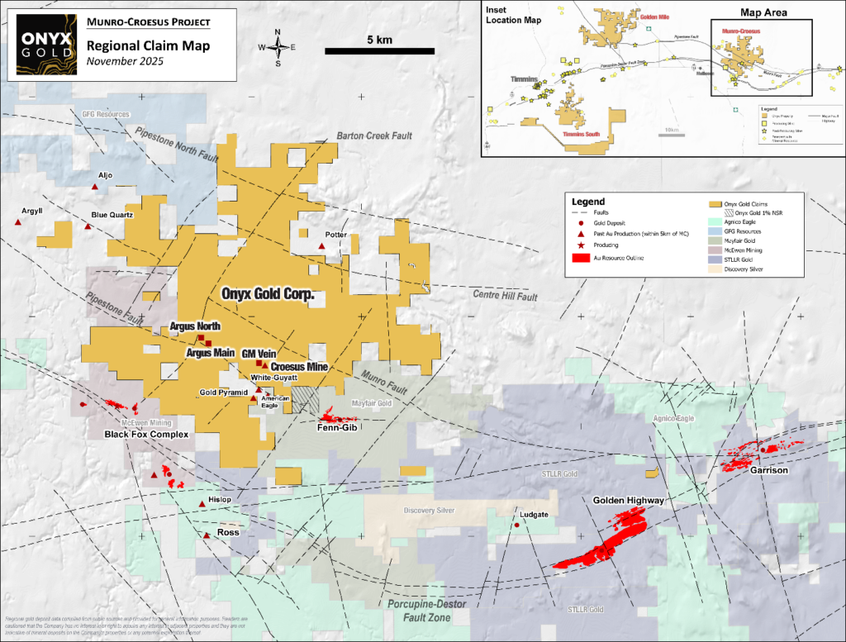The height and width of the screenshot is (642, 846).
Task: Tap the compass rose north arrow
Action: tap(278, 46)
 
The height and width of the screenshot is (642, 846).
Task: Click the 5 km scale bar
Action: tap(381, 51)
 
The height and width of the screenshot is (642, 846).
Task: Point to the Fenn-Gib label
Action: tap(336, 428)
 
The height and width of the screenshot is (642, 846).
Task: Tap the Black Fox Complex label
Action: tap(146, 435)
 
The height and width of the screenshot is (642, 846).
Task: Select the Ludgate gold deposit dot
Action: tap(517, 525)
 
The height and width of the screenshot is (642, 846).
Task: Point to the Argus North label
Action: tap(194, 327)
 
